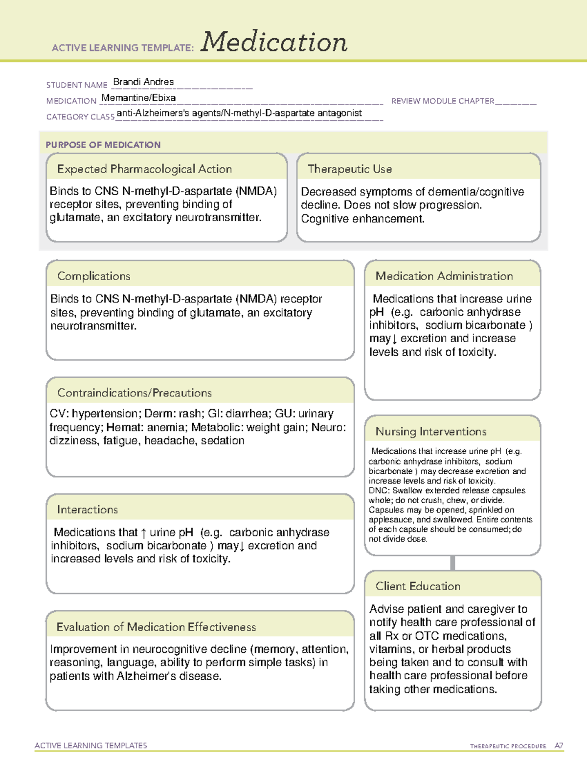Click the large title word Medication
pos(274,42)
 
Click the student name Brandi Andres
pos(143,82)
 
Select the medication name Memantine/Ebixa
pos(138,97)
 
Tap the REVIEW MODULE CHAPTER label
pos(443,101)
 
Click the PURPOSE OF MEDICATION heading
pos(103,145)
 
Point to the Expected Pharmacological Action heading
pos(144,169)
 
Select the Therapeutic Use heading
pos(349,169)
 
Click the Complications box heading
pos(93,276)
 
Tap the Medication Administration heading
pos(444,276)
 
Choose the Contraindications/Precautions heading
pos(134,393)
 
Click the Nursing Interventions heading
pos(430,432)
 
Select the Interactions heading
pos(87,510)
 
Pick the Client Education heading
pos(418,586)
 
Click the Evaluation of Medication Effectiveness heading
pos(156,627)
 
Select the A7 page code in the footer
pos(559,746)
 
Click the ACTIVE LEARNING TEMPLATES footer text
pos(90,745)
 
